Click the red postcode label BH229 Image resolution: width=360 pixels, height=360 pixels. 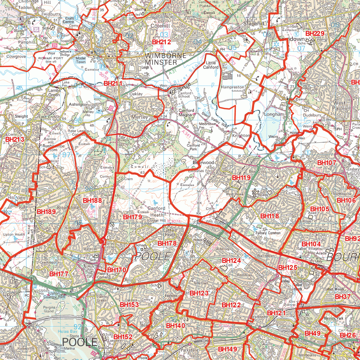pyautogui.click(x=315, y=33)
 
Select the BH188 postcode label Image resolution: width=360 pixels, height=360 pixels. pyautogui.click(x=92, y=200)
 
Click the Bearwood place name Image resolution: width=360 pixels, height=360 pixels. pyautogui.click(x=203, y=163)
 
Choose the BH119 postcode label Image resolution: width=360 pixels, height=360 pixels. pyautogui.click(x=241, y=178)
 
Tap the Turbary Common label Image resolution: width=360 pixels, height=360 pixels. pyautogui.click(x=269, y=233)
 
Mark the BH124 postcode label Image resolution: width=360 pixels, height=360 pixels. pyautogui.click(x=231, y=261)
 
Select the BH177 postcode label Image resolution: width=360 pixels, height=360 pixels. pyautogui.click(x=59, y=274)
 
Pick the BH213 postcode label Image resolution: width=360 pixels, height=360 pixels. pyautogui.click(x=15, y=140)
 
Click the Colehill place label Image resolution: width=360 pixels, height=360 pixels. pyautogui.click(x=160, y=26)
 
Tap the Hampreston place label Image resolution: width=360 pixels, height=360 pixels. pyautogui.click(x=232, y=87)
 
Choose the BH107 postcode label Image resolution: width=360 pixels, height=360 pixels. pyautogui.click(x=327, y=163)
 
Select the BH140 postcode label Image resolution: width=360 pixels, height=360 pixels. pyautogui.click(x=176, y=326)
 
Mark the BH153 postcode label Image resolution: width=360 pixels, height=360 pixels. pyautogui.click(x=129, y=304)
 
